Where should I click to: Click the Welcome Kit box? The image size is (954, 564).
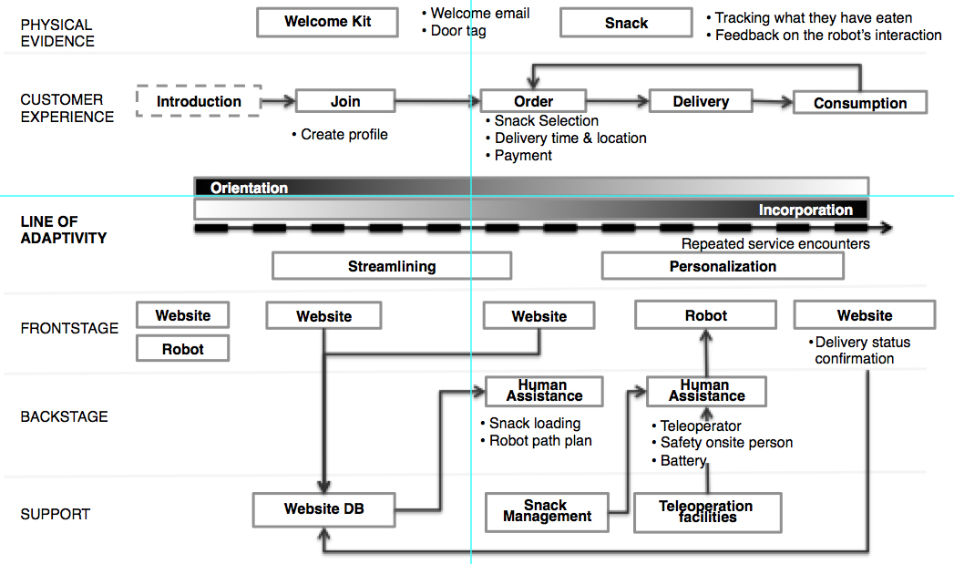pos(327,23)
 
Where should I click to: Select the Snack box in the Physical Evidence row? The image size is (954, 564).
pos(626,23)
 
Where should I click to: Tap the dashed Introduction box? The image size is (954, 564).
pos(199,101)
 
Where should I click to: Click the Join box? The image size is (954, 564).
pos(345,101)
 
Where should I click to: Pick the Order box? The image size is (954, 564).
pos(533,101)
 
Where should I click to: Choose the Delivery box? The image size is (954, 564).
pos(701,101)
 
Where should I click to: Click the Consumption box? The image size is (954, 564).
pos(860,103)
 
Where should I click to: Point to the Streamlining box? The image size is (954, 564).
pos(392,266)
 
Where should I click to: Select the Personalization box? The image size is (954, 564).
pos(723,266)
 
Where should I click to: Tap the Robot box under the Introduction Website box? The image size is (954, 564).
pos(182,349)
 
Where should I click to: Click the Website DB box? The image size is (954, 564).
pos(323,509)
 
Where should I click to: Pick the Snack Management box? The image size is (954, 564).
pos(547,512)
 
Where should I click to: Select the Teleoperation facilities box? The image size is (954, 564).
pos(707,512)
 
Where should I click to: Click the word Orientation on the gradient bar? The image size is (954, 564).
pos(249,188)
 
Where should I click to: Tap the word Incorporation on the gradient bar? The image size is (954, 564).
pos(805,210)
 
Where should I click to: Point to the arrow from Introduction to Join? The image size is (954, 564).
pos(279,101)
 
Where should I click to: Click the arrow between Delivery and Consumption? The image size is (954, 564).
pos(774,102)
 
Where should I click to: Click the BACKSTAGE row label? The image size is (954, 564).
pos(64,416)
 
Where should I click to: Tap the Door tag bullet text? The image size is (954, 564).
pos(454,30)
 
